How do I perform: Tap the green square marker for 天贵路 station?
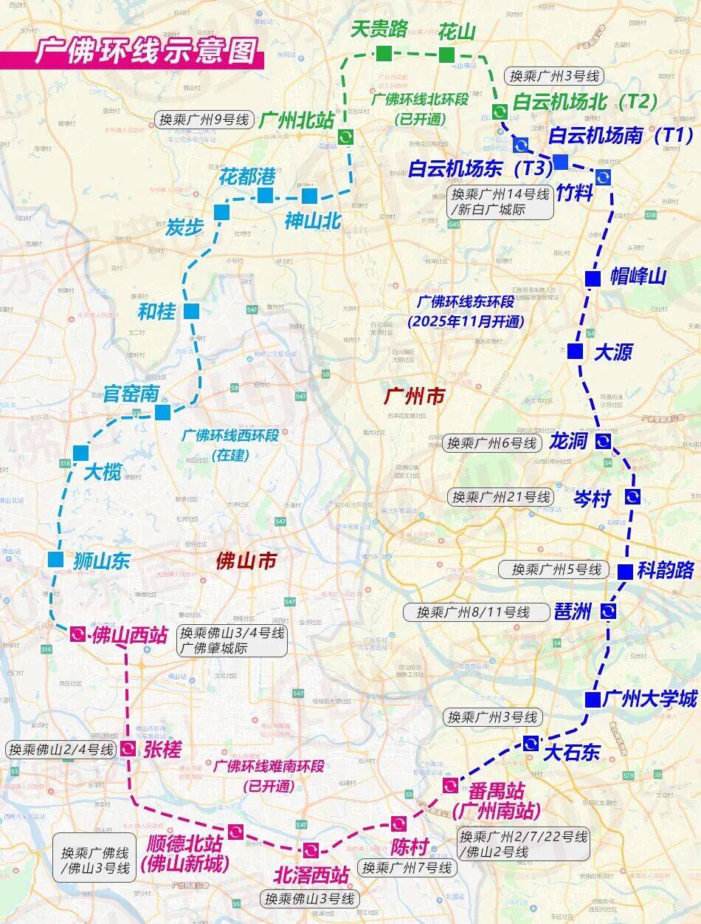[x=384, y=52]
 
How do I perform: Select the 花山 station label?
[x=457, y=31]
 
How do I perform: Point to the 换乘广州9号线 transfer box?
[x=202, y=120]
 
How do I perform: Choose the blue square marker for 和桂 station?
[x=191, y=311]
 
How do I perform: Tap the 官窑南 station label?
[x=131, y=393]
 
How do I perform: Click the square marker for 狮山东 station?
[x=55, y=559]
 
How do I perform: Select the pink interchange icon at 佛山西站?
[x=77, y=634]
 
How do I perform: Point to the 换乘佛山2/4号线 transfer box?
[x=61, y=749]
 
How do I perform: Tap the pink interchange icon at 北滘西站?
[x=309, y=850]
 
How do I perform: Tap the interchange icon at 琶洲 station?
[x=608, y=611]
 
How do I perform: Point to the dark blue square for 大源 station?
[x=575, y=351]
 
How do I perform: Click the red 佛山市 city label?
[x=246, y=561]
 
